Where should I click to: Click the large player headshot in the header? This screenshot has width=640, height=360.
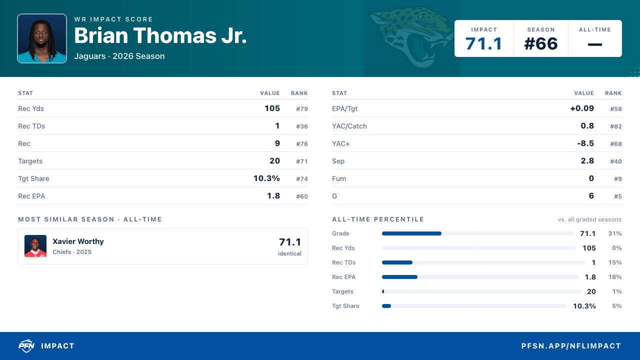42,38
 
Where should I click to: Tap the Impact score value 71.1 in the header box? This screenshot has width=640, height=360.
483,43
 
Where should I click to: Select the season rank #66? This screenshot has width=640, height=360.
540,43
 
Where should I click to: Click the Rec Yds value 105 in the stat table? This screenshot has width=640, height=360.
272,108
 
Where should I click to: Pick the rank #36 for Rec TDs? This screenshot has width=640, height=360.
301,126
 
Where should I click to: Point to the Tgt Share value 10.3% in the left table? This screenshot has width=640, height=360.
266,178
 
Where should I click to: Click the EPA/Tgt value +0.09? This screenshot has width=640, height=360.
582,108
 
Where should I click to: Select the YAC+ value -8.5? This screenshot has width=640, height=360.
585,143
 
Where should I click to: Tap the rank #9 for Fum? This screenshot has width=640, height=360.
617,179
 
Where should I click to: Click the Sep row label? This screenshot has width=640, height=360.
338,161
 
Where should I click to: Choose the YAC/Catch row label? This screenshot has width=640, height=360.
349,126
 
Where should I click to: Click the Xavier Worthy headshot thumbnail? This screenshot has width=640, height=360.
35,246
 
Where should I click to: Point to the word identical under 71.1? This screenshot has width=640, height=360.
289,253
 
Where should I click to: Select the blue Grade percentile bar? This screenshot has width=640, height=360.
411,233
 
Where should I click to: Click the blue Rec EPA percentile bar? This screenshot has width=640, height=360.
399,277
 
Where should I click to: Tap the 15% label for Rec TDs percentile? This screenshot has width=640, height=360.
615,262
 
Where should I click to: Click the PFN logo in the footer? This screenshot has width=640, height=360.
26,345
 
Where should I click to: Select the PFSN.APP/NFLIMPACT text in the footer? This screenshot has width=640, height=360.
571,346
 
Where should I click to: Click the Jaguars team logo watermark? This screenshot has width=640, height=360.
411,37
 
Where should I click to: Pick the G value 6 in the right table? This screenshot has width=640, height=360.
591,195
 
